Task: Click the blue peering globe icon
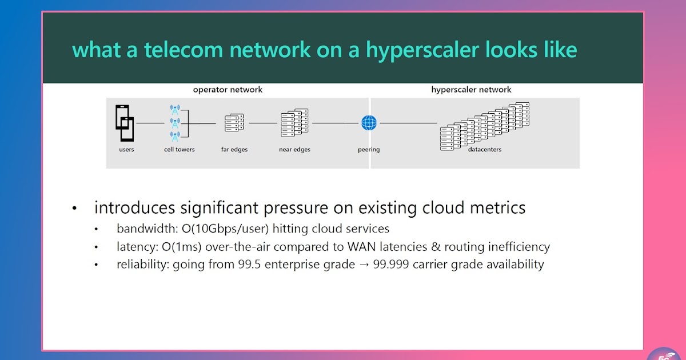369,123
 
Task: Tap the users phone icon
125,123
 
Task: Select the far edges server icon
234,123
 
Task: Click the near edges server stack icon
294,123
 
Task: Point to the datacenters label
485,149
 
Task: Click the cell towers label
179,149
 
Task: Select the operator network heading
228,90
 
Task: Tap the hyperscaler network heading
471,90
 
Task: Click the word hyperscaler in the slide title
422,50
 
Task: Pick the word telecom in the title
184,50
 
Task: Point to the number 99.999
391,264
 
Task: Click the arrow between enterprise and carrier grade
364,265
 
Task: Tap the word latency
137,247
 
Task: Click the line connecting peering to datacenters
409,123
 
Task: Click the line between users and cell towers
150,123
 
